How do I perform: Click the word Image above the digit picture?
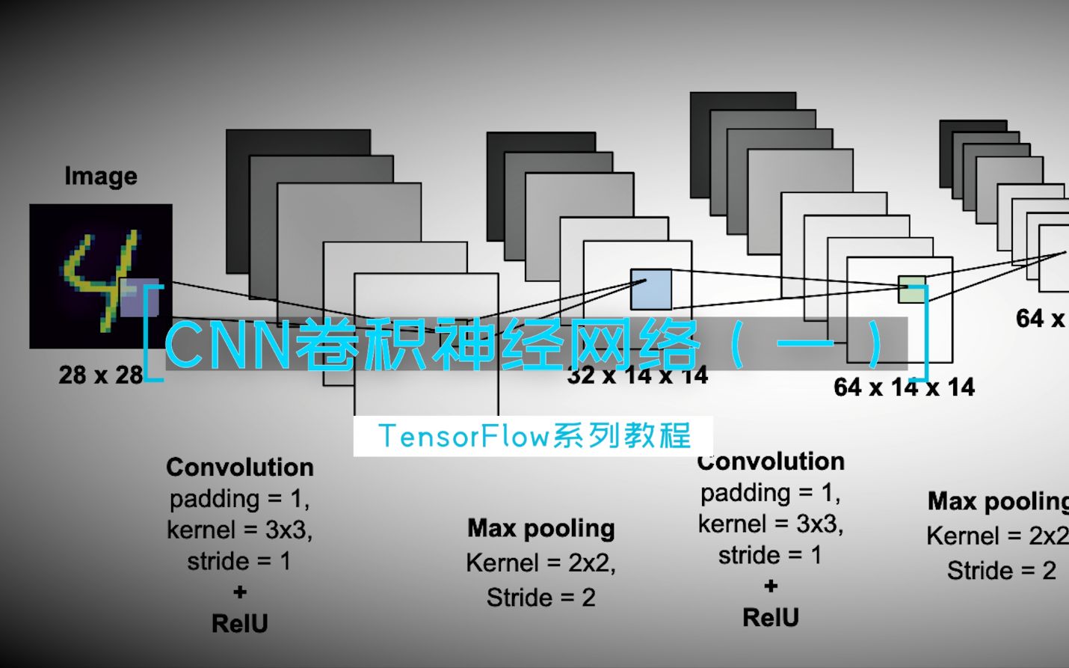101,177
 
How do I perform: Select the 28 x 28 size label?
100,375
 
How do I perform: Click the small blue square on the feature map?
650,289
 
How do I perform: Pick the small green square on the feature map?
911,289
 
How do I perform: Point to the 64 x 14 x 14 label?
904,387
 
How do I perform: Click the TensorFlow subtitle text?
534,436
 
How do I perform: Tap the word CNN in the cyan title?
228,345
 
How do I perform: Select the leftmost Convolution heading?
240,468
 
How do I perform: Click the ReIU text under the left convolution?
240,624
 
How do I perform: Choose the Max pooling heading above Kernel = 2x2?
541,529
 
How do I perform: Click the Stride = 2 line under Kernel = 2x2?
541,598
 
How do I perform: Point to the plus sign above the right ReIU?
771,586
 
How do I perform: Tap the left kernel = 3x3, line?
240,530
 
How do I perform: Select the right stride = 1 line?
770,556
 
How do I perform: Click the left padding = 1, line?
240,499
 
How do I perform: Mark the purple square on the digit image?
140,298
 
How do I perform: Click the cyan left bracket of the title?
152,333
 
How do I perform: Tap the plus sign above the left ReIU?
240,592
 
